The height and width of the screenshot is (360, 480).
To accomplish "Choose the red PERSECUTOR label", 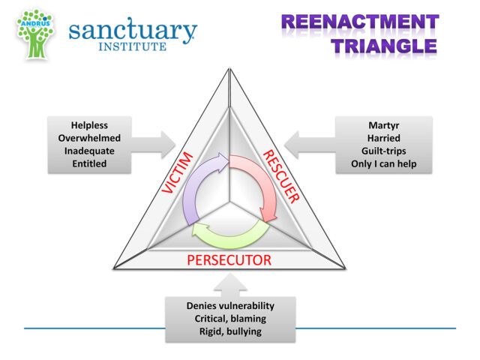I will pyautogui.click(x=229, y=261).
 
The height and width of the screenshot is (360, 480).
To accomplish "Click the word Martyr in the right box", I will pyautogui.click(x=383, y=125).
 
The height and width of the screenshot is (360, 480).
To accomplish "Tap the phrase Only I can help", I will pyautogui.click(x=383, y=163).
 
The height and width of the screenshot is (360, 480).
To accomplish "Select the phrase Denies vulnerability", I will pyautogui.click(x=230, y=305).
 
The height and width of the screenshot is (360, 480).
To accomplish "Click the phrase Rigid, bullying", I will pyautogui.click(x=230, y=331).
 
